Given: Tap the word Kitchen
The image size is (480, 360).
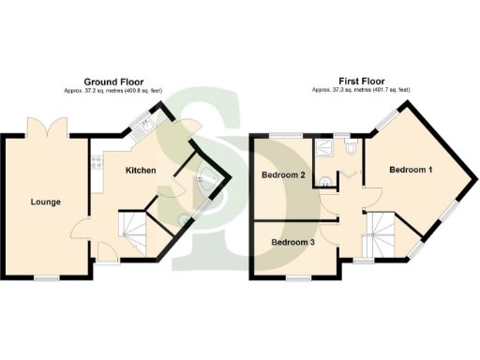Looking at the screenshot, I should point(141,171).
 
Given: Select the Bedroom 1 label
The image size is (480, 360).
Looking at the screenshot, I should point(411,171).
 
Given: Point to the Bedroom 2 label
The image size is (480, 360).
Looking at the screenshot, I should point(284,176).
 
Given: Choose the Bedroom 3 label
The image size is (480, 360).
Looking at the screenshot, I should point(292,242).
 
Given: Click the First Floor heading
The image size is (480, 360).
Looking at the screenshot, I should point(360,81).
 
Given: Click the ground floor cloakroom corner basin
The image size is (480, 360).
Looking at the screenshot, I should point(204,178).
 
